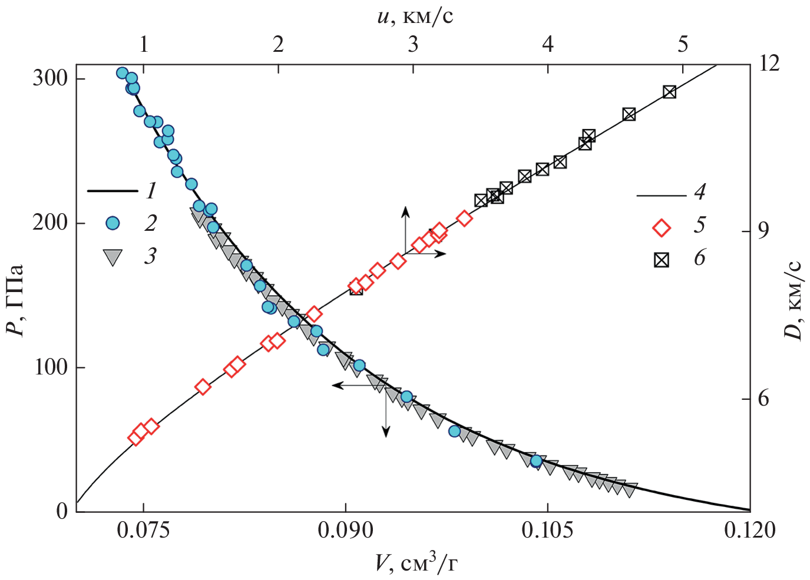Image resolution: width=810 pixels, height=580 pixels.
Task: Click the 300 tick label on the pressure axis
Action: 50,78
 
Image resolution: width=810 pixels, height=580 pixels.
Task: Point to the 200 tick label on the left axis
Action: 50,223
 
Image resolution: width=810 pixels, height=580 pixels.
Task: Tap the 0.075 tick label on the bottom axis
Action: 143,531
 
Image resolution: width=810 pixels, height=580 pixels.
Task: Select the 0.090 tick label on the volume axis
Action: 346,531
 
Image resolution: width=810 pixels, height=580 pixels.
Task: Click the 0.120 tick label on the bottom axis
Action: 750,531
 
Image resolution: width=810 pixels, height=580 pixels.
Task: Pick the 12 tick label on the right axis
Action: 768,63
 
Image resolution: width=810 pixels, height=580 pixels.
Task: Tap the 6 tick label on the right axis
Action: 763,399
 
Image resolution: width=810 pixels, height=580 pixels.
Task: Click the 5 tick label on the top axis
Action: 683,44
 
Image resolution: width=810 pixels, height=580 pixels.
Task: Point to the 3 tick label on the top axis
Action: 413,44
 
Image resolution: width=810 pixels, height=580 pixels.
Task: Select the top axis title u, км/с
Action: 415,16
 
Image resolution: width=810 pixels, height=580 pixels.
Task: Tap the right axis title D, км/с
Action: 794,300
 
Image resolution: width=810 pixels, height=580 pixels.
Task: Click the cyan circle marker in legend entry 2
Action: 112,223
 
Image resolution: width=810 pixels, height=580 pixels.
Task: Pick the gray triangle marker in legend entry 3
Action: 112,257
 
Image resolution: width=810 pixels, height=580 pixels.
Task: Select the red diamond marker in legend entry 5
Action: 662,228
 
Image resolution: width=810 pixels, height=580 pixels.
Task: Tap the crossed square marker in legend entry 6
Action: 662,260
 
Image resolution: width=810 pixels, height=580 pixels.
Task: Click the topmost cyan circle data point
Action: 122,73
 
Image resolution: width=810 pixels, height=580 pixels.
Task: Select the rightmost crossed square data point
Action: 669,92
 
